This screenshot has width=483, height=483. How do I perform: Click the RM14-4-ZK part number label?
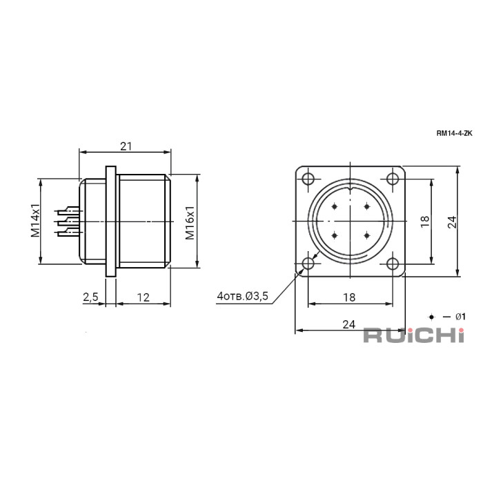pyautogui.click(x=454, y=133)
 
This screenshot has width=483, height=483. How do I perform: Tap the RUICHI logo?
pyautogui.click(x=414, y=335)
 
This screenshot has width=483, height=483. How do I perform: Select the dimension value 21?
pyautogui.click(x=126, y=146)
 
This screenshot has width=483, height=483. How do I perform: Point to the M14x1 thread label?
pyautogui.click(x=35, y=220)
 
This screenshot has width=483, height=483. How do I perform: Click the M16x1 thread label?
pyautogui.click(x=190, y=223)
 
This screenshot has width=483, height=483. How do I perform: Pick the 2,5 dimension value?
pyautogui.click(x=90, y=297)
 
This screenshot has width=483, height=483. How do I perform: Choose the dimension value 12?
pyautogui.click(x=144, y=297)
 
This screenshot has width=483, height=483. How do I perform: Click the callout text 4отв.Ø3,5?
pyautogui.click(x=243, y=296)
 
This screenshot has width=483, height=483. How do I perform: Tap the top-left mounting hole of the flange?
pyautogui.click(x=308, y=179)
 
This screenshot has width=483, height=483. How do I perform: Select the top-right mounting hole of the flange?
pyautogui.click(x=393, y=179)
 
